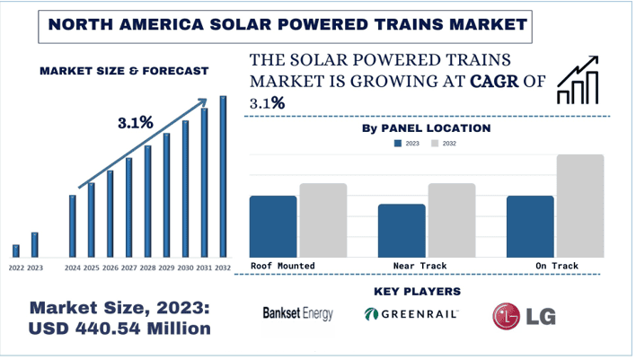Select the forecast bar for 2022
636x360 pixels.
(x=16, y=250)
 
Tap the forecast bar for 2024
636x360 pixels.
(x=73, y=225)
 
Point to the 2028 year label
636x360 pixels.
(x=148, y=268)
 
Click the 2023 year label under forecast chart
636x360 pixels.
(x=35, y=268)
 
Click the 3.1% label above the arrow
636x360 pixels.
(x=136, y=122)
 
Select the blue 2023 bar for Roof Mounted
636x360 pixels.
(x=273, y=227)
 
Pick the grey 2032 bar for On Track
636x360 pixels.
(x=580, y=206)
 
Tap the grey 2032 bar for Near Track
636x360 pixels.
(x=451, y=221)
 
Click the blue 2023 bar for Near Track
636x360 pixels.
(x=402, y=232)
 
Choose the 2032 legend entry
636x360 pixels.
(x=444, y=144)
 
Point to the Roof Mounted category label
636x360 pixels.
(x=283, y=267)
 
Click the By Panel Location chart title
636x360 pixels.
(x=426, y=128)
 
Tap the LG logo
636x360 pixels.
(x=522, y=314)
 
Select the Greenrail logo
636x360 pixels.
(x=412, y=314)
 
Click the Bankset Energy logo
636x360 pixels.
(x=297, y=314)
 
